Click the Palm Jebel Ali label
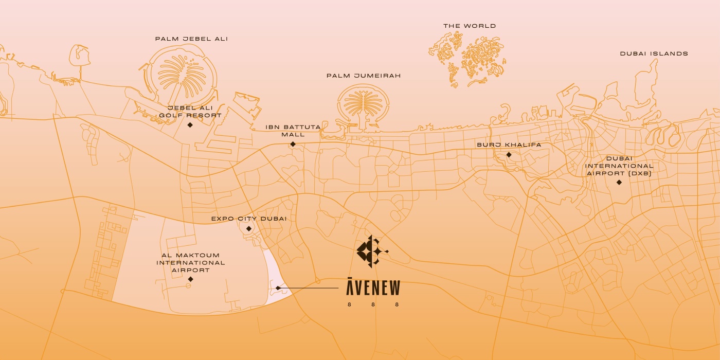(x=191, y=39)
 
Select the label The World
(x=470, y=26)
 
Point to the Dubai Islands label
(x=654, y=53)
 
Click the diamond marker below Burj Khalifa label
(x=509, y=155)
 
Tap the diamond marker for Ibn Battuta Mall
(x=293, y=144)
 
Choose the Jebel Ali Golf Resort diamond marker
(x=190, y=125)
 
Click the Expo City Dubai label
(x=249, y=219)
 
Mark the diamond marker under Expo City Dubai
(x=249, y=229)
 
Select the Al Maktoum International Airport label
(x=191, y=262)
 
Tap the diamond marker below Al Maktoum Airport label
(x=190, y=279)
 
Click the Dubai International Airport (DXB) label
(x=619, y=166)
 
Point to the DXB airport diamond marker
(x=619, y=182)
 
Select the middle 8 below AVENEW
(x=373, y=304)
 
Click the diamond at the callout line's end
(x=278, y=288)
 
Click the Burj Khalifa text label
(x=509, y=145)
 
